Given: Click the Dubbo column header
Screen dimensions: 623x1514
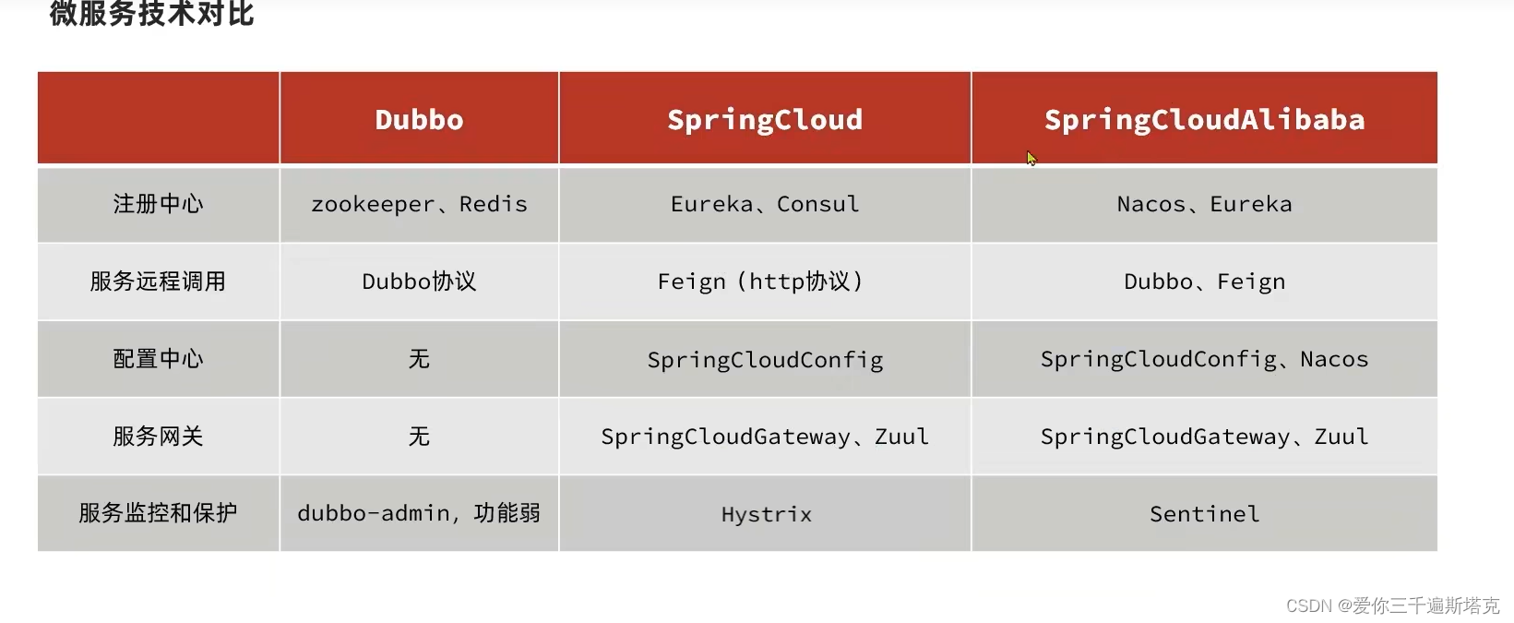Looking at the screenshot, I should (x=419, y=120).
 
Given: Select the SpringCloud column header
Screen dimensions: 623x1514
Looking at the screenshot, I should (x=765, y=120).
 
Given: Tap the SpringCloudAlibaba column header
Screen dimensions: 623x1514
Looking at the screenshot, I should (x=1204, y=120).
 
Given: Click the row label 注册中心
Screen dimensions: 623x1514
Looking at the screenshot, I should (x=158, y=204).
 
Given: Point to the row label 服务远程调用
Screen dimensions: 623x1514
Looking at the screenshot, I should (x=158, y=282).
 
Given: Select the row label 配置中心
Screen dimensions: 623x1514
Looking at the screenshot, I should (x=158, y=359).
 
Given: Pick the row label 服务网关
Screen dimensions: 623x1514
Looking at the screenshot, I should (x=158, y=437).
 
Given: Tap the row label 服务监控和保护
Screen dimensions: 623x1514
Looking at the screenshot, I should (x=158, y=513).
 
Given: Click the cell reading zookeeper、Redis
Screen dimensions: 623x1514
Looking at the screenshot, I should (x=419, y=204).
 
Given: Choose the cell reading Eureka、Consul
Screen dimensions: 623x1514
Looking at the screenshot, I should (x=765, y=204).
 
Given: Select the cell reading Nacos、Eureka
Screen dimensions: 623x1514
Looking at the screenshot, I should (x=1204, y=204).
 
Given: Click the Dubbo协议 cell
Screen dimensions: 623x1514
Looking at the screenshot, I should (x=419, y=282).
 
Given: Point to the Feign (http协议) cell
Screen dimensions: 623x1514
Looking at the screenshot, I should (x=760, y=282).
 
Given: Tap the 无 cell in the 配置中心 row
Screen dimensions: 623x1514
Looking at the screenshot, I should (x=419, y=359).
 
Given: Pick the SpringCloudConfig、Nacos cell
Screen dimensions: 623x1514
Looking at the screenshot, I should (x=1204, y=359).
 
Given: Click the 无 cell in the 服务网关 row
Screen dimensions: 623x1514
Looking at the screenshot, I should (x=419, y=437).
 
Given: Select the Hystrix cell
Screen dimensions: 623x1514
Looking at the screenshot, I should (x=766, y=514).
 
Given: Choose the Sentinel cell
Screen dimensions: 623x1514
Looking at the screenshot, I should (x=1204, y=514).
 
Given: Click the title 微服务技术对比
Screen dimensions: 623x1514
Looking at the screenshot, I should (x=151, y=14).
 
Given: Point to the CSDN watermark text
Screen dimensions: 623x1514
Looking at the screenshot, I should (x=1392, y=605).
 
